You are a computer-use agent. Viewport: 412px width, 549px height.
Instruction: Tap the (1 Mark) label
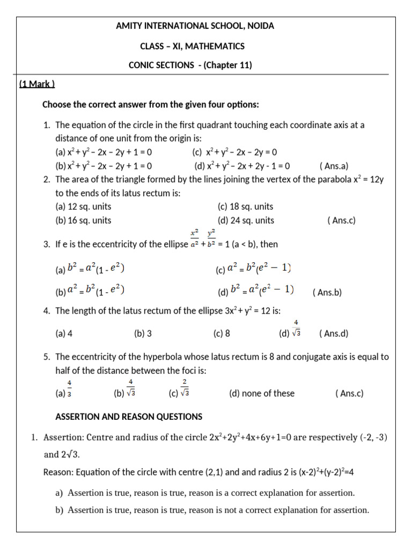(x=37, y=84)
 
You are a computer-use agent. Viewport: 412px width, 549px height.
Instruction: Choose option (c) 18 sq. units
(x=245, y=206)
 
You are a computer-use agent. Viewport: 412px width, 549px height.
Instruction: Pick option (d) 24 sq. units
(x=246, y=220)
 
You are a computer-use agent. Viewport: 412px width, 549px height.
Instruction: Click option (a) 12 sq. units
(x=83, y=206)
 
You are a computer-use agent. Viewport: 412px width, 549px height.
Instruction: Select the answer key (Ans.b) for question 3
(x=327, y=293)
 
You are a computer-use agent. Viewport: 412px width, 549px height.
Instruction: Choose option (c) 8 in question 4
(x=222, y=333)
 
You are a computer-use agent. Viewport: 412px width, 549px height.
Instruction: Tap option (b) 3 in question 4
(x=143, y=333)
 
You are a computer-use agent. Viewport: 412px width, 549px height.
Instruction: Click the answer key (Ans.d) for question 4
(x=334, y=333)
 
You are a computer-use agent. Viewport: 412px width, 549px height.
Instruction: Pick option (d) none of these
(x=261, y=394)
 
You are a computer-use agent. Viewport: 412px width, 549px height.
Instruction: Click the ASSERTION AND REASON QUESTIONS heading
(x=129, y=417)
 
